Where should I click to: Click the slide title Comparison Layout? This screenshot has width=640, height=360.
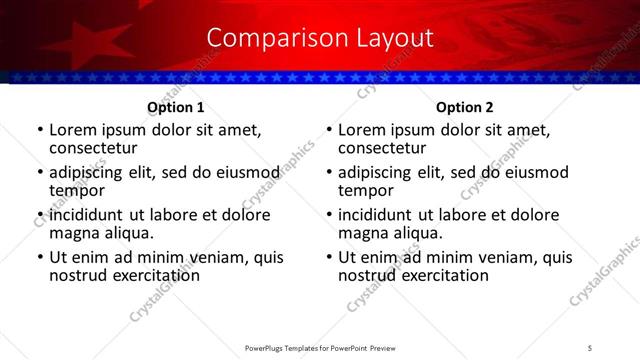click(319, 38)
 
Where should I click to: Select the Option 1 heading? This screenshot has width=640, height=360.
click(176, 107)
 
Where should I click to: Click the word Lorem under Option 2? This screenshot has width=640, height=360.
click(362, 130)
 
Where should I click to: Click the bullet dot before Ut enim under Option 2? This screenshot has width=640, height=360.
click(329, 258)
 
